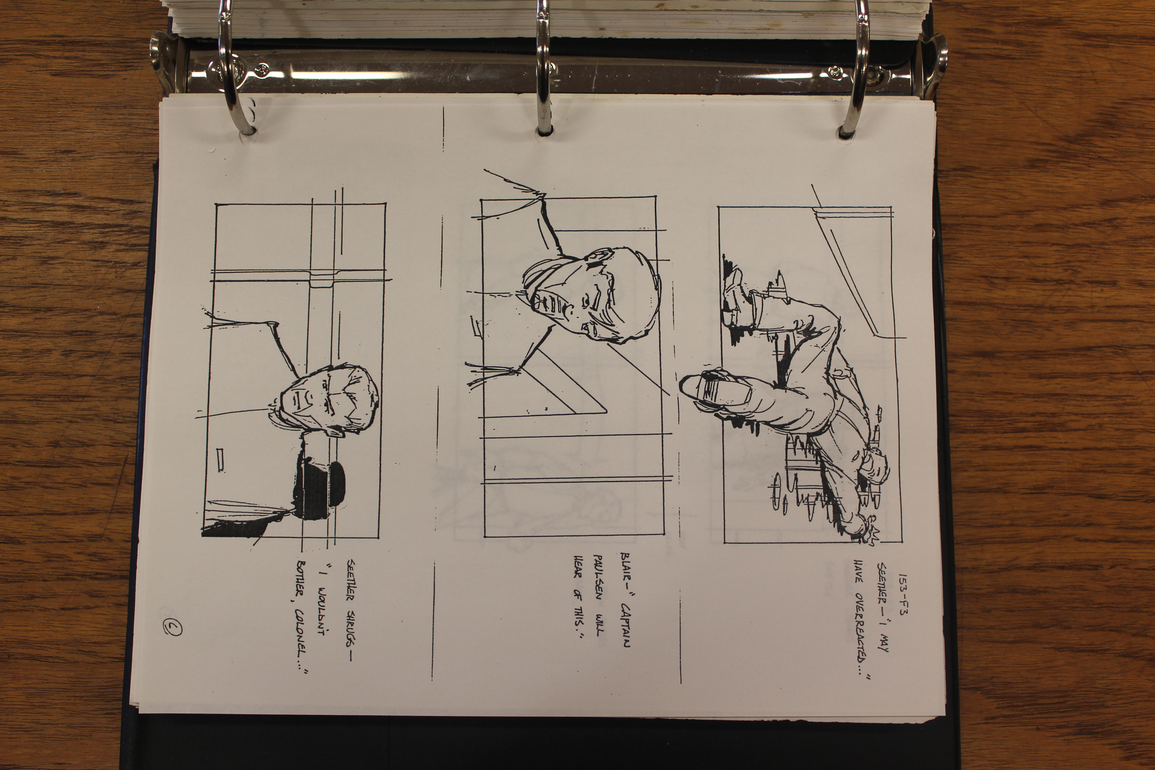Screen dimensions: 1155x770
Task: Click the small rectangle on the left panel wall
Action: pyautogui.click(x=221, y=460)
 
